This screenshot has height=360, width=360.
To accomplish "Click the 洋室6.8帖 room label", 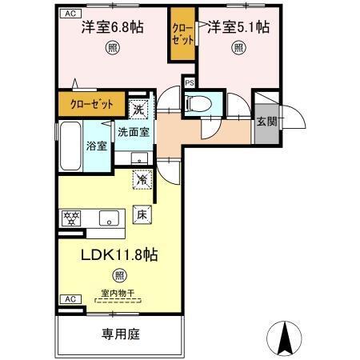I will [x=112, y=26].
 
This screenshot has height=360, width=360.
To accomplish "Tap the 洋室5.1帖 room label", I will [x=238, y=26].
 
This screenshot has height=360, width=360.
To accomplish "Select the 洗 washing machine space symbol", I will [x=138, y=108].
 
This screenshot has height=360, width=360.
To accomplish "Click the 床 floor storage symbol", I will [x=138, y=214].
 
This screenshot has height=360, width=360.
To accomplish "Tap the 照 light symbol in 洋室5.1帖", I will [x=238, y=47].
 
